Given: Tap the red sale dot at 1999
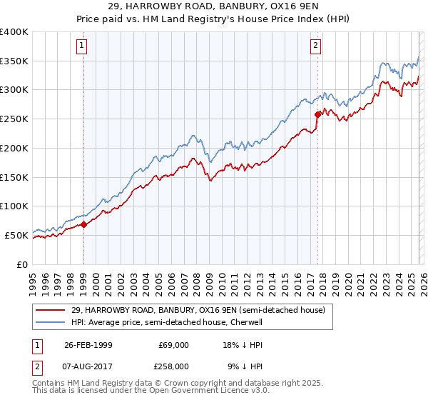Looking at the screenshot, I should click(x=83, y=224).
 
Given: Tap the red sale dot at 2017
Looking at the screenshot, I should click(x=317, y=114).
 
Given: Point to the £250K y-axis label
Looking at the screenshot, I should click(x=14, y=119).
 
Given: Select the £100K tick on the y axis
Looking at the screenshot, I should click(x=14, y=206).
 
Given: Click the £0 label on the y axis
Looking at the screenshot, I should click(x=22, y=264).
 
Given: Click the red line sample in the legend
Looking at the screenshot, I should click(x=51, y=310).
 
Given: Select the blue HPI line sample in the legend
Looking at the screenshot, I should click(x=51, y=322).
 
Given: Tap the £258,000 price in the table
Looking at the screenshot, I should click(x=173, y=366).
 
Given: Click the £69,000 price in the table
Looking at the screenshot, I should click(x=173, y=344).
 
